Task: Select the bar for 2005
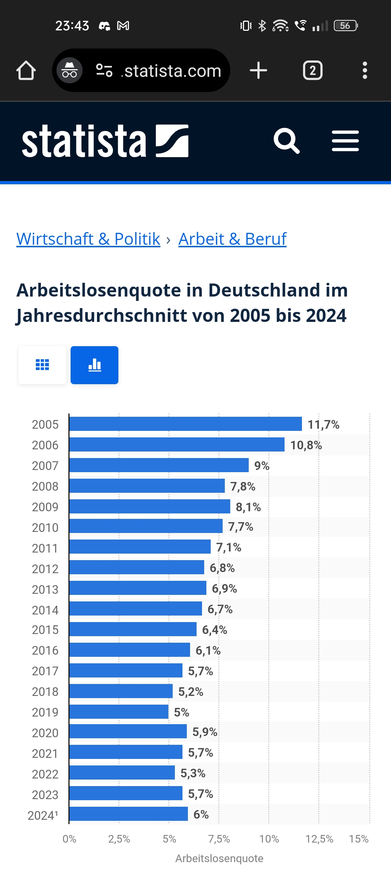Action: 185,424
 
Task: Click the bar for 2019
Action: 119,712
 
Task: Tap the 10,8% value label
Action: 306,445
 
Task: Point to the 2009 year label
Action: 45,507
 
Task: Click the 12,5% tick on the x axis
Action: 319,839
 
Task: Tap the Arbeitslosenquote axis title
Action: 219,858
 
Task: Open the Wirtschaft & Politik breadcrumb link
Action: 88,239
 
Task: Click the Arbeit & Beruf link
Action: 232,239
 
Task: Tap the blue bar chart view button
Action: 94,365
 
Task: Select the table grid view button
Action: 42,365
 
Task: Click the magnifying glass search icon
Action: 286,140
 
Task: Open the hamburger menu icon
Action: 345,140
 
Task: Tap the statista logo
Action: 105,140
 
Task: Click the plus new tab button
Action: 258,70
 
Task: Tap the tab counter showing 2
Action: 313,70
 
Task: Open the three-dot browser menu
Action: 365,70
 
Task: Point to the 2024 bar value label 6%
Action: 201,814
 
